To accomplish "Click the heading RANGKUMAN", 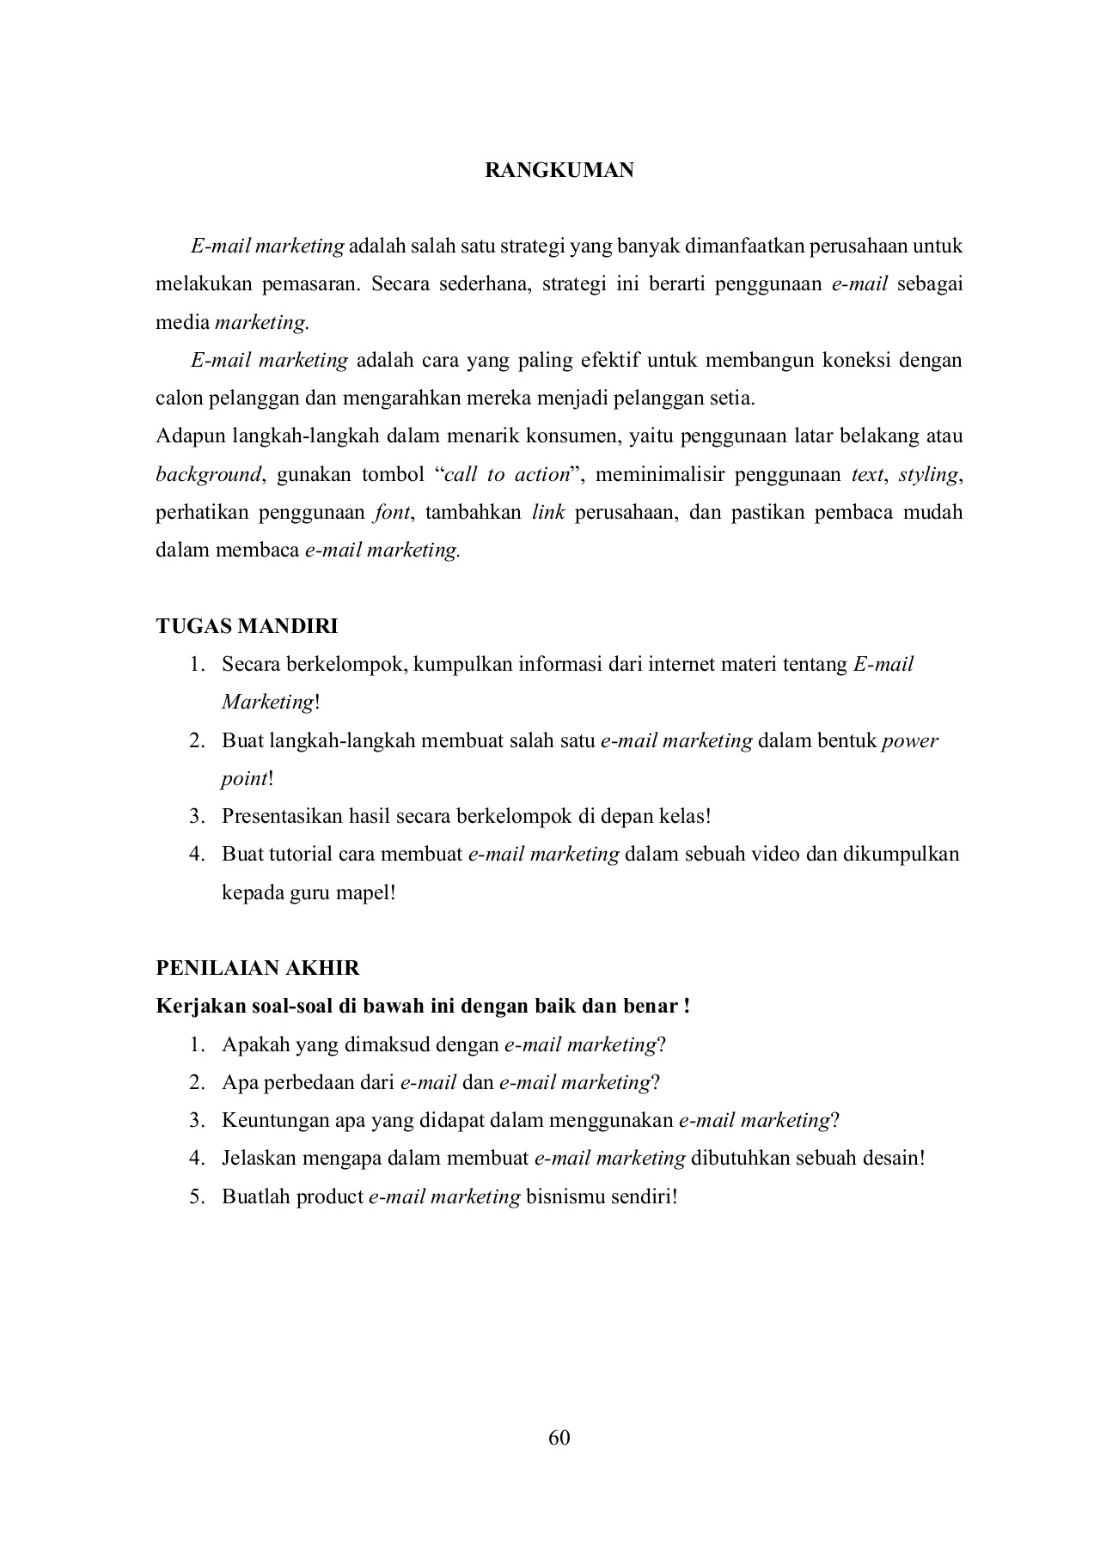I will click(559, 170).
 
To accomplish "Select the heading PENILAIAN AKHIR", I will click(258, 968).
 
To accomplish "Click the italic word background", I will click(208, 474).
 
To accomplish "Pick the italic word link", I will click(548, 513).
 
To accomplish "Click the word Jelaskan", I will click(256, 1158).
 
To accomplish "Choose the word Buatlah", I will click(256, 1196).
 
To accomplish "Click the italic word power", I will click(910, 740).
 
